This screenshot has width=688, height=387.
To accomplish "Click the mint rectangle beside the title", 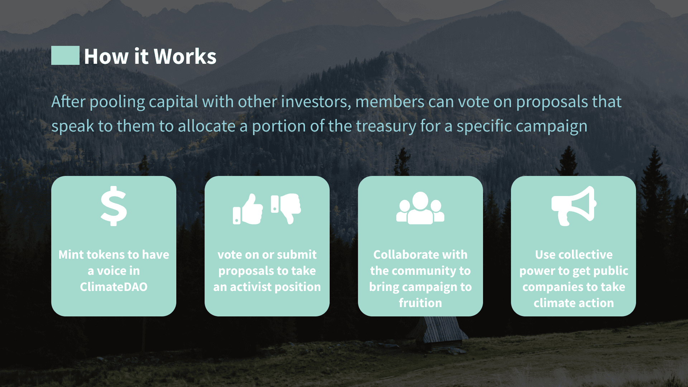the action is point(65,55).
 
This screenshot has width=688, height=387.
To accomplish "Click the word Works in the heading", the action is point(185,56).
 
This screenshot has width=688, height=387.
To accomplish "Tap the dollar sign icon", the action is point(114,206).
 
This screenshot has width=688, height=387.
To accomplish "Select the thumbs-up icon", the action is point(248,209).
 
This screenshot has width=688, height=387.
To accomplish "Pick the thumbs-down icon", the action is point(286,209).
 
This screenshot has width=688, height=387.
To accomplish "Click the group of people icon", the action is point(420,208).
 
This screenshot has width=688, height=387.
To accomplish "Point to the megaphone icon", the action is point(574,206).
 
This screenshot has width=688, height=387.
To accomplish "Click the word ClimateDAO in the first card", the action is point(114,287).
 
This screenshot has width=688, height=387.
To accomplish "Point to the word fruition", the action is point(420,303).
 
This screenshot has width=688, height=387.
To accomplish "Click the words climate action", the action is point(574,303).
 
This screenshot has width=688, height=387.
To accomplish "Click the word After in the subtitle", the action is point(68,101).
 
